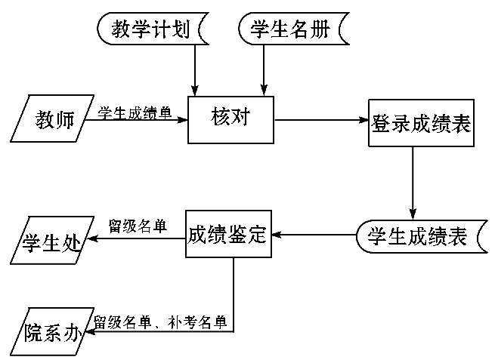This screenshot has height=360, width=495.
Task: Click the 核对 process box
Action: click(230, 118)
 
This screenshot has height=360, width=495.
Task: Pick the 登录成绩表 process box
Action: click(420, 122)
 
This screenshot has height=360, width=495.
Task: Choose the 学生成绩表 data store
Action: click(416, 237)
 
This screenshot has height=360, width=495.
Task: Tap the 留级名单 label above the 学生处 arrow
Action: click(138, 226)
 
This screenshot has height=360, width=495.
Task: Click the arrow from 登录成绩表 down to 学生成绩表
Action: click(413, 181)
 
